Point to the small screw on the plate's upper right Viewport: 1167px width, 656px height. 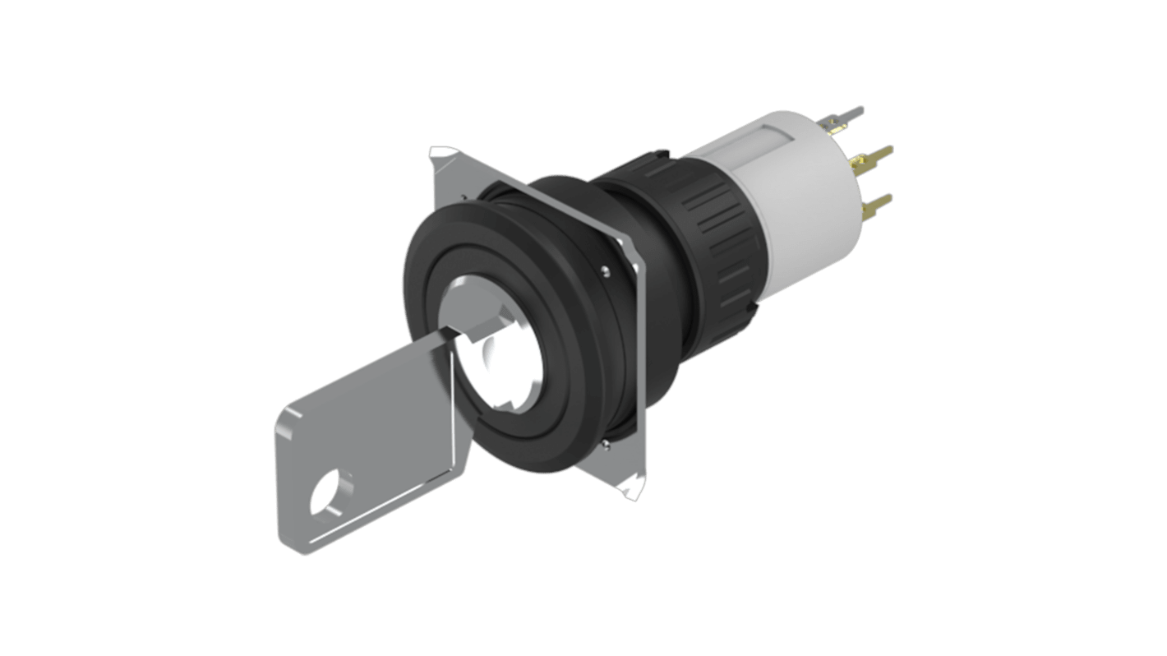(x=606, y=268)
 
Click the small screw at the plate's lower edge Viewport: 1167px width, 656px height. (x=606, y=444)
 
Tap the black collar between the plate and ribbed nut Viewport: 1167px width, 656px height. (x=641, y=214)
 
